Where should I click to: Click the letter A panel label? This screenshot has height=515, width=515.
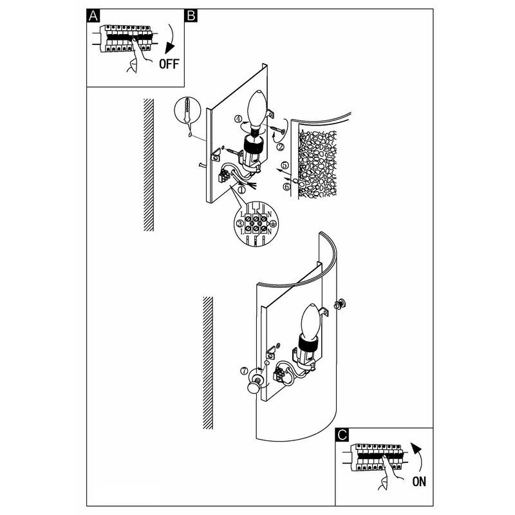point(93,15)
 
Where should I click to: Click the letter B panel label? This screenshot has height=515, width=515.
point(191,15)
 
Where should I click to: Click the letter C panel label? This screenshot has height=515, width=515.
point(342,435)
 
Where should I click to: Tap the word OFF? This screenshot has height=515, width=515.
point(169,64)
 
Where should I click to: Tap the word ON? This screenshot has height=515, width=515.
point(419,482)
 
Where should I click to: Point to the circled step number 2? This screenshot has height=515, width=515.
point(280,147)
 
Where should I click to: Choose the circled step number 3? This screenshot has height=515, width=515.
point(240,223)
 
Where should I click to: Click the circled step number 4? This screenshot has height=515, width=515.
point(238,119)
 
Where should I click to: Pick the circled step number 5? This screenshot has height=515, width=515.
point(285,165)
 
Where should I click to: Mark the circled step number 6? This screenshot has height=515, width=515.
point(286,187)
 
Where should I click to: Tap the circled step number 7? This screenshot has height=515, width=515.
point(244,371)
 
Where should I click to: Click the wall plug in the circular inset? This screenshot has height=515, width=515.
point(187,109)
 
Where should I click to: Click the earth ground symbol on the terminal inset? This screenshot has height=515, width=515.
point(272,224)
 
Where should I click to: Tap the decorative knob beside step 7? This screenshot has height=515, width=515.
point(254,386)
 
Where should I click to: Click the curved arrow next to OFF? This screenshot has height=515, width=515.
point(171,39)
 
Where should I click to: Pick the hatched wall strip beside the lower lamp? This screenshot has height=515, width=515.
point(207,362)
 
